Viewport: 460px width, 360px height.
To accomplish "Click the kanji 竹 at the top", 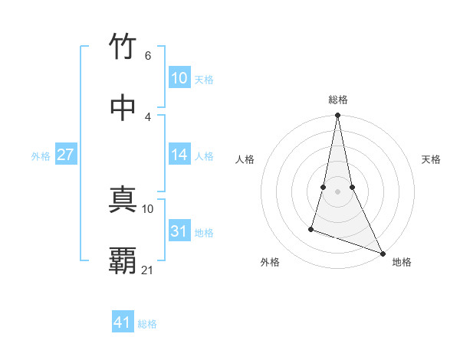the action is click(123, 47).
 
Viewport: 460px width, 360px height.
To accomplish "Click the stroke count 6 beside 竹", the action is click(148, 56).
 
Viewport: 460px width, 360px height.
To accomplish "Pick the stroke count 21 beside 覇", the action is click(148, 270).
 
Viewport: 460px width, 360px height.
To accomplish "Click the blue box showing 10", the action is click(179, 78).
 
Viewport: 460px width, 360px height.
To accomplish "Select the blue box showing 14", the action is click(179, 155).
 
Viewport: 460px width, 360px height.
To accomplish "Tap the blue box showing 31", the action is click(179, 231).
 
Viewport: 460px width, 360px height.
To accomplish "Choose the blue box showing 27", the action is click(66, 155).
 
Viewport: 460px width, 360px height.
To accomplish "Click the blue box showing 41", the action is click(123, 322).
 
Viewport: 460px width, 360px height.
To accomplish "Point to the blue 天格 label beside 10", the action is click(204, 79).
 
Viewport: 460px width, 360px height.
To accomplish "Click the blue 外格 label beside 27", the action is click(41, 155).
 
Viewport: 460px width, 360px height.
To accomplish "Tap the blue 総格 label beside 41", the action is click(147, 323).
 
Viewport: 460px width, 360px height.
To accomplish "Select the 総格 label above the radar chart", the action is click(338, 100).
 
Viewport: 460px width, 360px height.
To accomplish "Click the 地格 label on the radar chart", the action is click(402, 262).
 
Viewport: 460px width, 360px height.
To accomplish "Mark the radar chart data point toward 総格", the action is click(337, 116).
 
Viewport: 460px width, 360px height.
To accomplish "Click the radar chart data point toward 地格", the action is click(382, 253).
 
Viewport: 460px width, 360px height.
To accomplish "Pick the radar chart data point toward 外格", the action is click(311, 228).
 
